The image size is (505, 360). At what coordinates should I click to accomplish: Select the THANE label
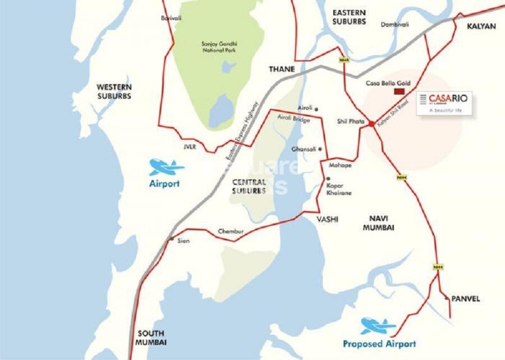click(x=281, y=69)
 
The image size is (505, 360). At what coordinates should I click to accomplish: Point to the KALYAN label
click(x=481, y=26)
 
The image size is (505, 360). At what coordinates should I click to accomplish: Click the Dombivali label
click(x=395, y=25)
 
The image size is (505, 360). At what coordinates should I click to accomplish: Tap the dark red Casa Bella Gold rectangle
click(x=400, y=91)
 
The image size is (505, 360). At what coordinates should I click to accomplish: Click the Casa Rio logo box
click(x=444, y=104)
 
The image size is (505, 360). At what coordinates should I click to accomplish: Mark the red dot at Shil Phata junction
click(x=372, y=123)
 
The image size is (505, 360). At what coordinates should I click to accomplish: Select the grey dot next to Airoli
click(x=316, y=109)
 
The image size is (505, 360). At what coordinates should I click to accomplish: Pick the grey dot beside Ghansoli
click(x=320, y=149)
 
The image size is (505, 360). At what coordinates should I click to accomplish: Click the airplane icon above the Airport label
click(x=166, y=167)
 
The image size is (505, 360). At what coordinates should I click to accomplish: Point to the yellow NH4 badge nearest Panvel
click(x=438, y=267)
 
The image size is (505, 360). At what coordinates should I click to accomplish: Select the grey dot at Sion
click(x=171, y=239)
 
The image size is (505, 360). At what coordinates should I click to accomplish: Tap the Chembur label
click(x=228, y=232)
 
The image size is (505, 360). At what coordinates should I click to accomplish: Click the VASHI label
click(x=327, y=220)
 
